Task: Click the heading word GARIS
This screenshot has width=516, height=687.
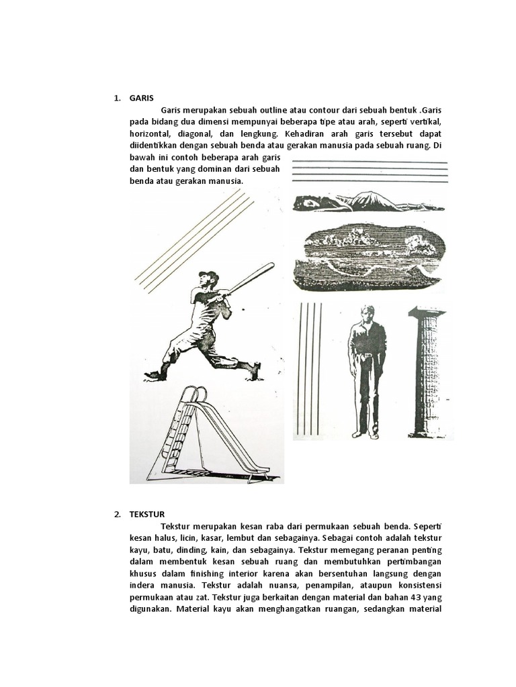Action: [x=142, y=98]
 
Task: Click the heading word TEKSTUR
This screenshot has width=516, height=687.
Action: [x=147, y=515]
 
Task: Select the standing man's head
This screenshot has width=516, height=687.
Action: [x=367, y=313]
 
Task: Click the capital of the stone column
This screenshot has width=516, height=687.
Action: [x=427, y=312]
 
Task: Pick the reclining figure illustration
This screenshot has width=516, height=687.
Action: [x=368, y=201]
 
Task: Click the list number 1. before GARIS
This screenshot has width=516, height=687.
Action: [x=117, y=98]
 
